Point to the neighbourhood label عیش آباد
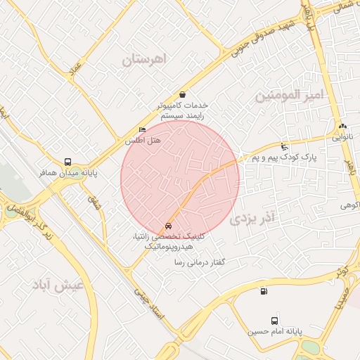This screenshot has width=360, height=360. [x=58, y=285]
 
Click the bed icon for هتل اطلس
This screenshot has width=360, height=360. [x=143, y=130]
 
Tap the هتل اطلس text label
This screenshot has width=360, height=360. [x=143, y=141]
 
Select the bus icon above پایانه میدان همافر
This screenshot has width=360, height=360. [x=67, y=161]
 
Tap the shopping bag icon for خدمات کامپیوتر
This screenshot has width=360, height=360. [x=183, y=94]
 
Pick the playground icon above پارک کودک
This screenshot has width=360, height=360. [x=283, y=147]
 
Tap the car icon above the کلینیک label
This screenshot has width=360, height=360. [x=168, y=226]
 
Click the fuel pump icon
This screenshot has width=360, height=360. [x=264, y=292]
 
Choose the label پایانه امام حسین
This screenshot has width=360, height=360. [x=275, y=329]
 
